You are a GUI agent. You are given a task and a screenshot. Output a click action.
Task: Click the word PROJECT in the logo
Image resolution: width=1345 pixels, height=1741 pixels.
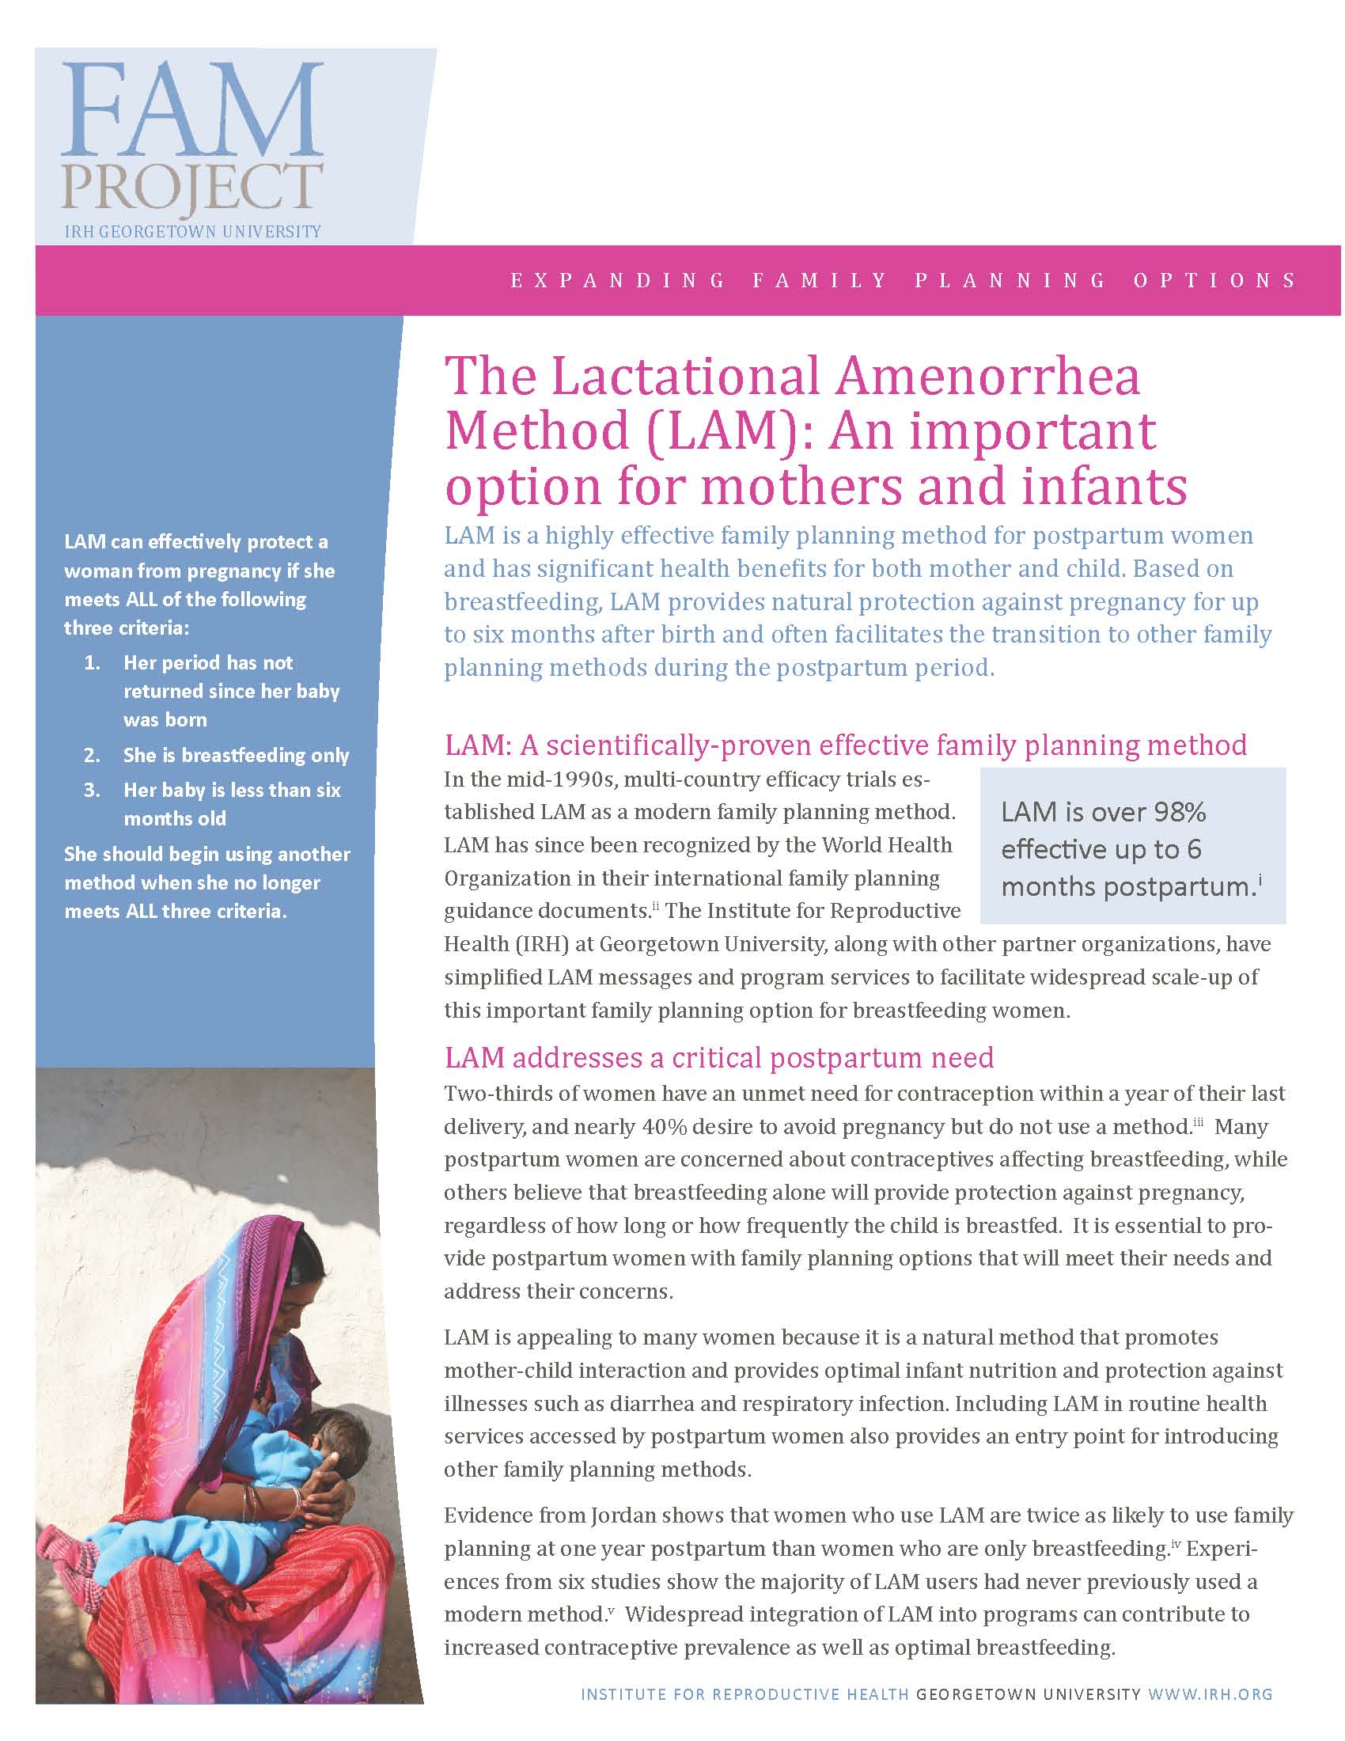coord(191,188)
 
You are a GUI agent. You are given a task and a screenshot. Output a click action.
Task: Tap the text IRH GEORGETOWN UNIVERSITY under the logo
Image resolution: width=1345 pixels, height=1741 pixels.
coord(192,232)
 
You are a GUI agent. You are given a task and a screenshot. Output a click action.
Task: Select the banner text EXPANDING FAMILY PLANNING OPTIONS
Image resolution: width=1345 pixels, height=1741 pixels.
coord(904,281)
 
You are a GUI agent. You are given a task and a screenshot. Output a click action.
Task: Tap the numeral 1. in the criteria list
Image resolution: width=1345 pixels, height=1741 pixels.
coord(93,662)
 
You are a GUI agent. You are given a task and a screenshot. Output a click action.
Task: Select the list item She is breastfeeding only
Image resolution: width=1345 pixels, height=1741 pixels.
coord(236,755)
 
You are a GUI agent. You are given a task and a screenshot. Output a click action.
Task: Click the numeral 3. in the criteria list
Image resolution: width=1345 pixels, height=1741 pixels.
coord(93,790)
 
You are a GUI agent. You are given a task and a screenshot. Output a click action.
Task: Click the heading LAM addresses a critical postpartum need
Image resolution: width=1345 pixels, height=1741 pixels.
coord(718,1057)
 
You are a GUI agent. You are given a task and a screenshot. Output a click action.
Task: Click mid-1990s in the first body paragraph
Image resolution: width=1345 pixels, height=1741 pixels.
coord(542,779)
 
